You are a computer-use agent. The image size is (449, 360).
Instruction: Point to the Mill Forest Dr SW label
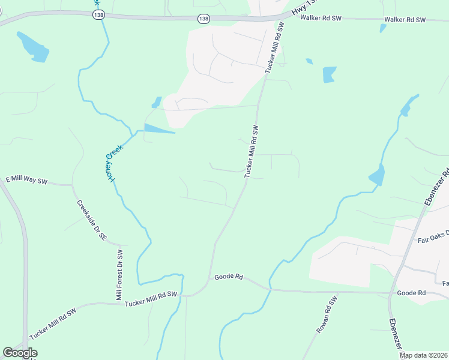click(119, 275)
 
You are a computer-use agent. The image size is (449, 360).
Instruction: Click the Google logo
click(20, 353)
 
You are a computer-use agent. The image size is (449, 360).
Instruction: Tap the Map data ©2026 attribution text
click(424, 355)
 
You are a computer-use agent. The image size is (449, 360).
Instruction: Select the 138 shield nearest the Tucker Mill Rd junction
click(204, 19)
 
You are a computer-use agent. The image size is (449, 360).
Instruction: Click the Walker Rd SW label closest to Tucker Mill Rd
click(321, 19)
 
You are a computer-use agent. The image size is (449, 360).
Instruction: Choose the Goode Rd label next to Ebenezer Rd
click(411, 293)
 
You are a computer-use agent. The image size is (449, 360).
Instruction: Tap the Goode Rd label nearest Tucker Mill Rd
click(229, 277)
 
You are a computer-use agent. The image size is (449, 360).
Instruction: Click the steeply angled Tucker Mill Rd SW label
click(252, 151)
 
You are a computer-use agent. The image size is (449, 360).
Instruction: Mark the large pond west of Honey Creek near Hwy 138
click(33, 47)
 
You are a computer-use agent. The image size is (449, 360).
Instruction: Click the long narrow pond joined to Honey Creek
click(158, 128)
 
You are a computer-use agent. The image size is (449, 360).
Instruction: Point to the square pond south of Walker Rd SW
click(330, 74)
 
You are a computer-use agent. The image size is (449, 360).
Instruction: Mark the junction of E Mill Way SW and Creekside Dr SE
click(73, 185)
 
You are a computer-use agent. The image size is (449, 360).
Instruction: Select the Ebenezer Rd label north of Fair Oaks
click(437, 188)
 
